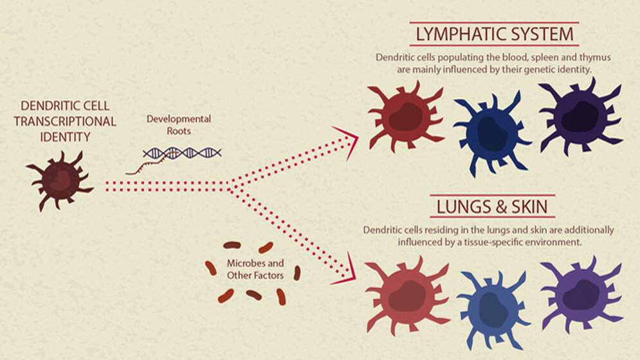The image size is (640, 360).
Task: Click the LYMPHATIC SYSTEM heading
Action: [493, 33]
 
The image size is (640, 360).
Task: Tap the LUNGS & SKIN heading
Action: [492, 208]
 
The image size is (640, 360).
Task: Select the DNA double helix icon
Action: [182, 153]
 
